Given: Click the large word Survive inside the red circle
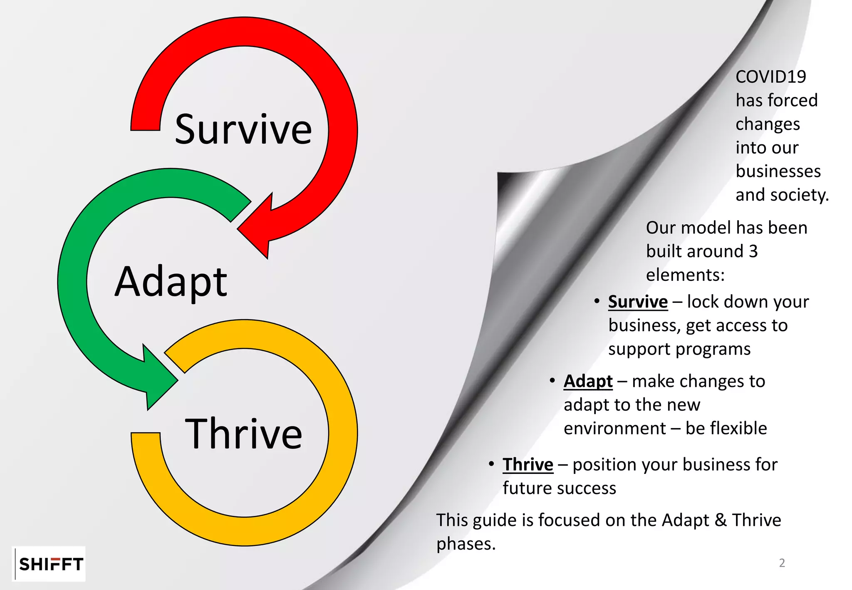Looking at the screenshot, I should coord(243,129).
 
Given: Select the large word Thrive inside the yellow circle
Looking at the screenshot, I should coord(243,434).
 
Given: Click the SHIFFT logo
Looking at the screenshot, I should coord(51,564).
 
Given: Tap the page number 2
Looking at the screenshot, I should coord(782,563).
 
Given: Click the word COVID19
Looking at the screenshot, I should coord(770,77).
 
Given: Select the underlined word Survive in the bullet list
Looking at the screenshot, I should coord(638,302).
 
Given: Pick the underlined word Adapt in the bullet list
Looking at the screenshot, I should coord(588,381).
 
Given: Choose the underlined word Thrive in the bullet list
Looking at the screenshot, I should coord(528,464).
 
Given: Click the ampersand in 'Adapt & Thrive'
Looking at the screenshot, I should coord(720,520).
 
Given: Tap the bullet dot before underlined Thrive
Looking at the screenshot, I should coord(491,464).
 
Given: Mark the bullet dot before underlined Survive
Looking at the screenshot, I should coord(597,301).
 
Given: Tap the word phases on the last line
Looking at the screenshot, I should coord(466,544).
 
